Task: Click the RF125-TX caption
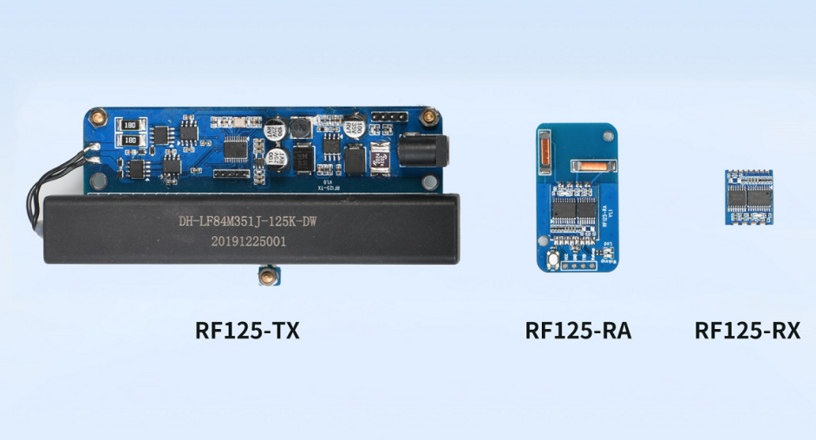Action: click(x=247, y=331)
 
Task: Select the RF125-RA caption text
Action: click(x=578, y=331)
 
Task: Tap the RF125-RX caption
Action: click(x=747, y=331)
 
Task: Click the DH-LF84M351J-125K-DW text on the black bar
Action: click(x=247, y=220)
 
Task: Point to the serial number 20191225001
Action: click(x=247, y=242)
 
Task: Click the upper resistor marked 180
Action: click(x=131, y=123)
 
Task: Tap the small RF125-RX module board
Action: click(x=747, y=197)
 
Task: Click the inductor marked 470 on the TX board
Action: click(x=381, y=158)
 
